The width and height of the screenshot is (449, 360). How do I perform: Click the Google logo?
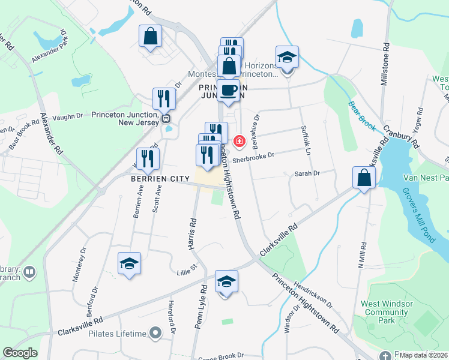(x=20, y=353)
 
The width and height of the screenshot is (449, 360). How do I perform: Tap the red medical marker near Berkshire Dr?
(x=240, y=142)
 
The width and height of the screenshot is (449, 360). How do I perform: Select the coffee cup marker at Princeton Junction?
(x=228, y=91)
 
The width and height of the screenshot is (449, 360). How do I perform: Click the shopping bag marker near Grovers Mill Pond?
(x=364, y=178)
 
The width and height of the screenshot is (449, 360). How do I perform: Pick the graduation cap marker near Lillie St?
(x=129, y=264)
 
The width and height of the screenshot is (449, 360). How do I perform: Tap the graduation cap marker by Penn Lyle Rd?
(x=226, y=282)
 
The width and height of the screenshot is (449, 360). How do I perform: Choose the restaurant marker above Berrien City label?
(x=148, y=159)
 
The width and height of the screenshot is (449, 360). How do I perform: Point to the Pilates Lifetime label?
(x=118, y=334)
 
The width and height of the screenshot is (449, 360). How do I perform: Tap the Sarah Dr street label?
(x=307, y=173)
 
